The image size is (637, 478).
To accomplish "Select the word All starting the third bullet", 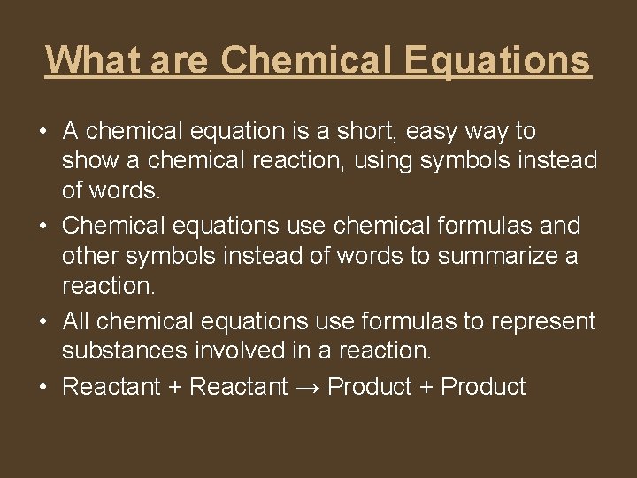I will click(77, 320).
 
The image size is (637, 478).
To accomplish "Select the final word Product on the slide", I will click(483, 388).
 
